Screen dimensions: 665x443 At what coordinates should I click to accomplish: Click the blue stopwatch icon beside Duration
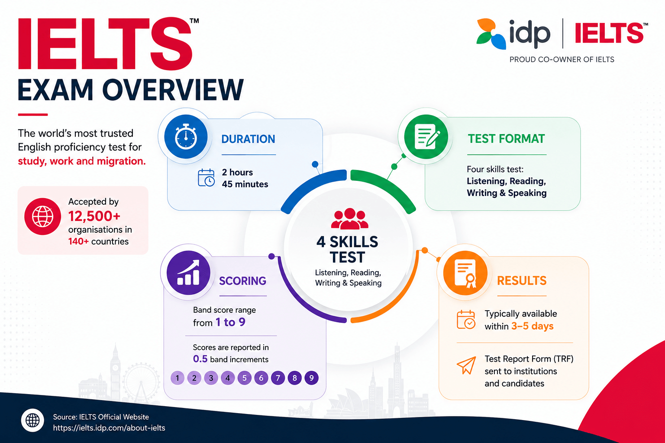pyautogui.click(x=186, y=136)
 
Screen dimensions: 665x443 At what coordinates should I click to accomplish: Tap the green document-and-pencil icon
pyautogui.click(x=426, y=136)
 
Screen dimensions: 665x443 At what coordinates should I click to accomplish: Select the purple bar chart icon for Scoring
pyautogui.click(x=188, y=273)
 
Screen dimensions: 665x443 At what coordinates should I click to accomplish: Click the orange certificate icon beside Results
pyautogui.click(x=465, y=273)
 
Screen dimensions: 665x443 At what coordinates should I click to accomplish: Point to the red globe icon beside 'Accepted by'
pyautogui.click(x=43, y=216)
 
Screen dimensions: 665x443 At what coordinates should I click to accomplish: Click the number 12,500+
pyautogui.click(x=94, y=216)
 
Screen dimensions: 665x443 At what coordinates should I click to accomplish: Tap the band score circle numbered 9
pyautogui.click(x=311, y=378)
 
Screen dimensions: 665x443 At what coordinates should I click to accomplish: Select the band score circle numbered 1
pyautogui.click(x=178, y=378)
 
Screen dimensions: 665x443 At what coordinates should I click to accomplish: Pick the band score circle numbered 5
pyautogui.click(x=244, y=378)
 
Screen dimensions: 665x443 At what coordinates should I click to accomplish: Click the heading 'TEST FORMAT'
pyautogui.click(x=507, y=138)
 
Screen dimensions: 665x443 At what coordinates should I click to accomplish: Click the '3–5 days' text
pyautogui.click(x=532, y=326)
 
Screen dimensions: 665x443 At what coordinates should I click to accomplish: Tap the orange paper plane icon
pyautogui.click(x=466, y=365)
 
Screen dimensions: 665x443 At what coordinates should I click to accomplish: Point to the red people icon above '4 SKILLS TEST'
pyautogui.click(x=350, y=218)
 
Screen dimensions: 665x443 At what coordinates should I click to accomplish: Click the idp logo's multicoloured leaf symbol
pyautogui.click(x=491, y=34)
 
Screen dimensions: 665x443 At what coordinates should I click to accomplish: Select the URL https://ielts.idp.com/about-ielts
pyautogui.click(x=109, y=428)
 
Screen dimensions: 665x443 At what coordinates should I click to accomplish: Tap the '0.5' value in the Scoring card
pyautogui.click(x=200, y=359)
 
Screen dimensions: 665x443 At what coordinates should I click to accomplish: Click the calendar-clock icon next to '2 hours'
pyautogui.click(x=206, y=178)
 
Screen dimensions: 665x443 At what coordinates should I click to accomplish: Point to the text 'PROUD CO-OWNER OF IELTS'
pyautogui.click(x=562, y=59)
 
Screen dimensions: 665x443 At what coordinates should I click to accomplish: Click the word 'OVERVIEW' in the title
pyautogui.click(x=173, y=90)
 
